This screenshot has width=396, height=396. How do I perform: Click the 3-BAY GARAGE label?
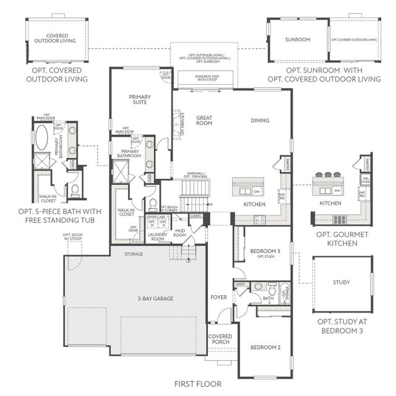pos(155,299)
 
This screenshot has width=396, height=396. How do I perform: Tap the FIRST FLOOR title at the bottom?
pos(197,384)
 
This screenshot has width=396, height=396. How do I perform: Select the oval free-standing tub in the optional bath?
pos(41,137)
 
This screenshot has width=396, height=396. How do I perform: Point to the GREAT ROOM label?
pos(204,120)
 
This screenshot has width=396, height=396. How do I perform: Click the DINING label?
pos(260,120)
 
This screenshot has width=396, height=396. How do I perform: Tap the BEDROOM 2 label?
pos(265,348)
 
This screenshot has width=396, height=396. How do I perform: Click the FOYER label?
pos(218,298)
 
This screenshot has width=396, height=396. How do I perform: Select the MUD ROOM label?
pos(180,233)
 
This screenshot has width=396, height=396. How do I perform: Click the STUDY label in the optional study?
pos(342,282)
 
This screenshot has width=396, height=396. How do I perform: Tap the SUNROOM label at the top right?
pos(297,40)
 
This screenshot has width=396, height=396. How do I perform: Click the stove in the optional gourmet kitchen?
pos(339,220)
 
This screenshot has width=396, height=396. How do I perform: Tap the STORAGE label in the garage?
pos(133,254)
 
